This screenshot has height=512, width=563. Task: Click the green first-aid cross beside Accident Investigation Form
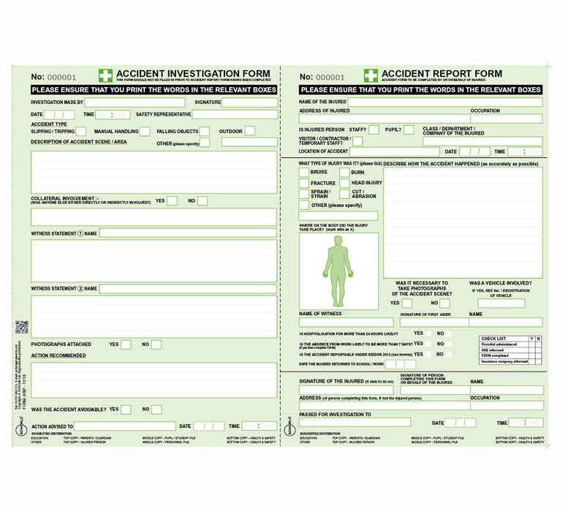[106, 75]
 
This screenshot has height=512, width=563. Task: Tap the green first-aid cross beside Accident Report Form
[371, 75]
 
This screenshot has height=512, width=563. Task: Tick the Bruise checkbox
[303, 172]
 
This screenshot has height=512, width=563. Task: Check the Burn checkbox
[344, 172]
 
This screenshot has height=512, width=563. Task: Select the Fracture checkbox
[303, 183]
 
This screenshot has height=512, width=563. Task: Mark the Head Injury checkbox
[344, 183]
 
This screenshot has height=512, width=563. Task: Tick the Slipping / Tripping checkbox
[81, 132]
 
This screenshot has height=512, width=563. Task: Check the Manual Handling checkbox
[144, 132]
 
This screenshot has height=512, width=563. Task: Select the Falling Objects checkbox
[205, 132]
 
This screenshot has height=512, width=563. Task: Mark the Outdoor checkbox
[249, 131]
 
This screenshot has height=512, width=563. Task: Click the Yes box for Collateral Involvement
[172, 201]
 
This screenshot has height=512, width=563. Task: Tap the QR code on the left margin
[21, 327]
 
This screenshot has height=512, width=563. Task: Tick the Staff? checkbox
[374, 129]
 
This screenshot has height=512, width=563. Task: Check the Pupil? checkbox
[409, 129]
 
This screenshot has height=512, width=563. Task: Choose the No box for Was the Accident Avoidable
[156, 410]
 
